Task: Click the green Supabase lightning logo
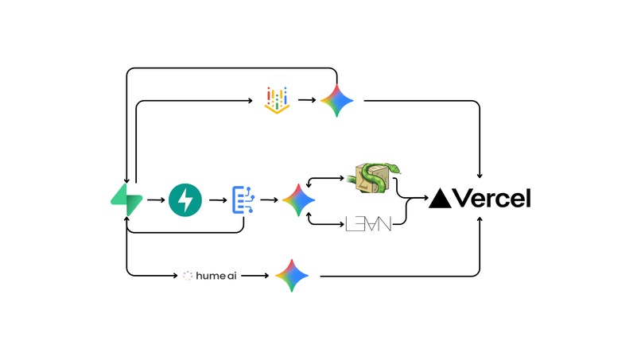coord(126,199)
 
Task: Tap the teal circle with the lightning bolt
coord(185,199)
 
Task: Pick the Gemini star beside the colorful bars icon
coord(337,101)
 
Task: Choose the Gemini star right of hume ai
coord(292,275)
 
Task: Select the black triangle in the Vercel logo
coord(440,199)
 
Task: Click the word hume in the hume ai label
coord(212,276)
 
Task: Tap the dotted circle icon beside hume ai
coord(188,276)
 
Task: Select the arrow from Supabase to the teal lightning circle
coord(155,199)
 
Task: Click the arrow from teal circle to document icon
coord(214,199)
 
